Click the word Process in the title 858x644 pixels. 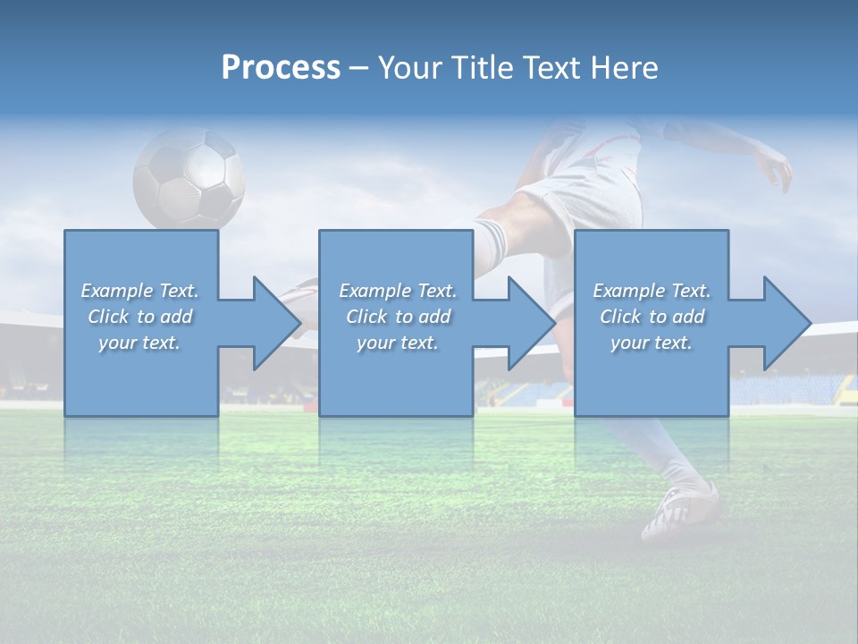point(281,68)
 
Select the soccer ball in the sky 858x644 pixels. point(189,178)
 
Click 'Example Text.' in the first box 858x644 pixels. point(139,291)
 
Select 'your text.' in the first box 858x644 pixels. point(139,343)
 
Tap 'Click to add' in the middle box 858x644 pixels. point(398,317)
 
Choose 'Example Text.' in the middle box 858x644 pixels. point(398,291)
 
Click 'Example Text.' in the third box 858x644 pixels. point(652,291)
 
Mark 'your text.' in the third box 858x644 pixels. point(652,343)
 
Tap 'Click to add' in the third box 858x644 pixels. point(652,317)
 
